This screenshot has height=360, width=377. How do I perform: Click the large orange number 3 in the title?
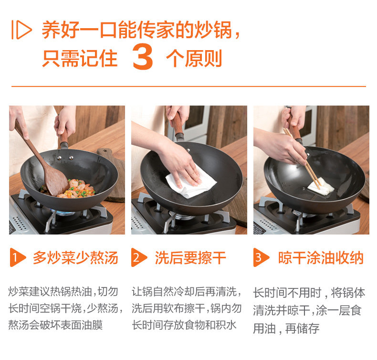(143, 57)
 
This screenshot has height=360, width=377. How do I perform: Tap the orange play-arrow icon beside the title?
(21, 30)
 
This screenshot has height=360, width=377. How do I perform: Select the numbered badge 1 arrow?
(18, 257)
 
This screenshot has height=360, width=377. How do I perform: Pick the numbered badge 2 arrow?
(139, 257)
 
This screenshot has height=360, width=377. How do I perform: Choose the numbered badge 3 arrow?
(262, 257)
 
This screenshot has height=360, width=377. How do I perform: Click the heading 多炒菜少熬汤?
(75, 258)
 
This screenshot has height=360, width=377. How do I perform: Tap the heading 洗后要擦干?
(190, 258)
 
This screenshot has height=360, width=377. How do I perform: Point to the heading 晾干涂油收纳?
(321, 258)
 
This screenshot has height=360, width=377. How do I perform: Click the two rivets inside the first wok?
(65, 158)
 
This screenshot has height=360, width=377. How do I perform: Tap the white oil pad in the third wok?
(321, 186)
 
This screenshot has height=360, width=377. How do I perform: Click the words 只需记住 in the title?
(80, 58)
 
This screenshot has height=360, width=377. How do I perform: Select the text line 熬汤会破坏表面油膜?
(55, 325)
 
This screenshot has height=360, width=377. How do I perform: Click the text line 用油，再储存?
(286, 328)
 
